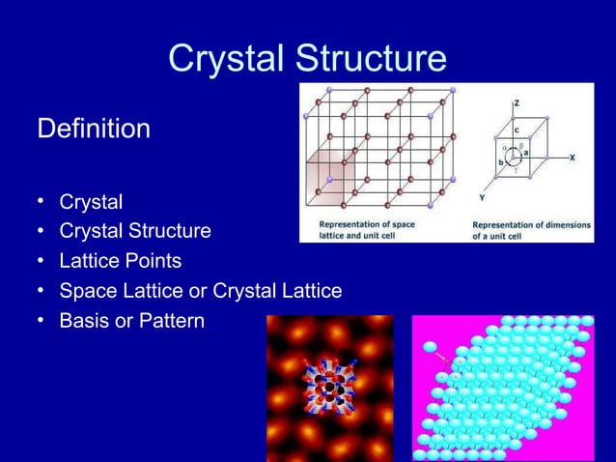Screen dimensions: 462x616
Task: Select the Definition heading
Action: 94,129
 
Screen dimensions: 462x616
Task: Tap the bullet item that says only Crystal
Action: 91,203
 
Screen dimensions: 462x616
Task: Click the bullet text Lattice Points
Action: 120,261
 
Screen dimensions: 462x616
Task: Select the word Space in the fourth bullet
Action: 87,291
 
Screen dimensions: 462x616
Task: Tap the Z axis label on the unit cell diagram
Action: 517,101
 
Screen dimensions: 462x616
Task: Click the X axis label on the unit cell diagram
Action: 573,157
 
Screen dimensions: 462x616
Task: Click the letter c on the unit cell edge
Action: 516,129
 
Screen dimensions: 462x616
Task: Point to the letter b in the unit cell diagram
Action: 500,163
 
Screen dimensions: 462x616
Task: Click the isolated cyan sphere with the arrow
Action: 431,347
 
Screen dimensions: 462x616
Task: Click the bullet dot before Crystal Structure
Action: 42,232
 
